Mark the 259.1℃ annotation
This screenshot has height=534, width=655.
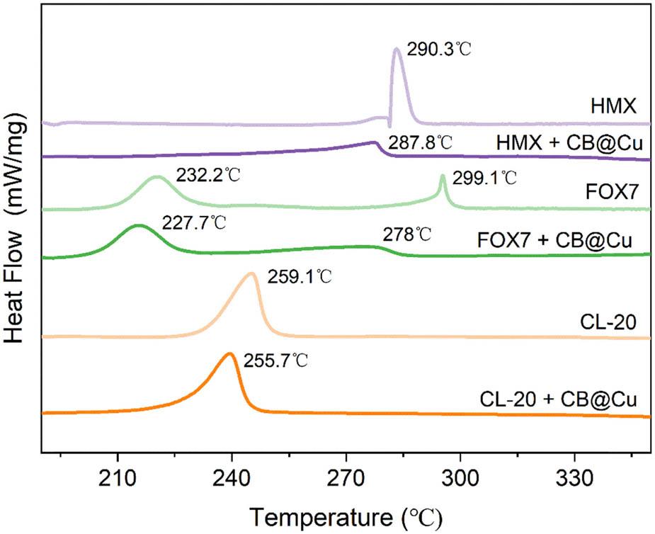pos(300,276)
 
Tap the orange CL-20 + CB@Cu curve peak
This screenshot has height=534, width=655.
pos(229,353)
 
